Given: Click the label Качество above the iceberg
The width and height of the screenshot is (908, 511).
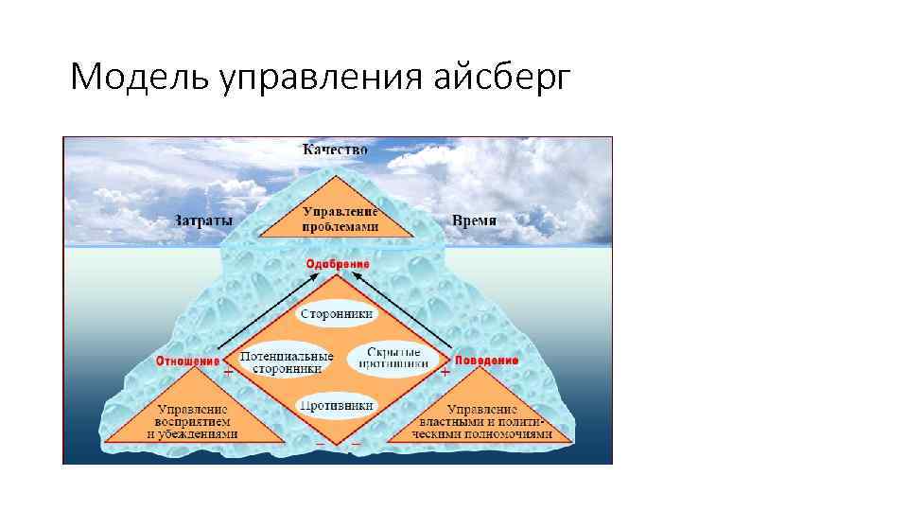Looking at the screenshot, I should [x=336, y=150].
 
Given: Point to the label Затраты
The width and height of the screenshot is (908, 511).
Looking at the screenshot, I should [x=202, y=220].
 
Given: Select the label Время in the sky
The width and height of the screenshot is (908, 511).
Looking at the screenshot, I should [x=474, y=220].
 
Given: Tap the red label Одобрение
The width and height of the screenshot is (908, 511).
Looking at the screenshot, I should [x=338, y=263].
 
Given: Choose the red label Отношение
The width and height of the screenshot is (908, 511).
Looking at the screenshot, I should [x=187, y=361].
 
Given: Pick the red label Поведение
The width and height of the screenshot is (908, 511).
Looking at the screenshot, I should [x=487, y=361].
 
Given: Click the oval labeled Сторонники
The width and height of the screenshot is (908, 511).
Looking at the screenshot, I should [x=337, y=313].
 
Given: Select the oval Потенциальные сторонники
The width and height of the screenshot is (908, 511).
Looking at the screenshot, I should [x=287, y=361].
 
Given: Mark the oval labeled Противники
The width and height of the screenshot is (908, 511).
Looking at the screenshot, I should [x=337, y=405].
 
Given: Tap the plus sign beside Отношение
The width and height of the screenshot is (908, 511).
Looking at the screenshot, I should [x=228, y=374].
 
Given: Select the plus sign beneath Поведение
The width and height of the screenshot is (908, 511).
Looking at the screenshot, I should [x=445, y=374].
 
